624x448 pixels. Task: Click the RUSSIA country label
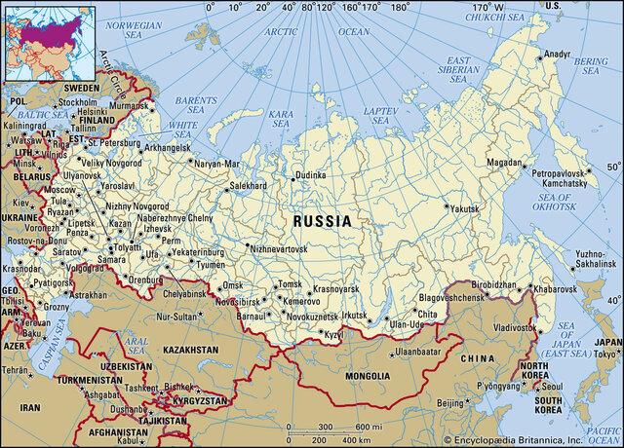[322, 221]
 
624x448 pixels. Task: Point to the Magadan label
[506, 162]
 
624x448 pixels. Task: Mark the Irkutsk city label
[353, 316]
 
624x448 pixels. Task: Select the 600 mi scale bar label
[368, 428]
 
